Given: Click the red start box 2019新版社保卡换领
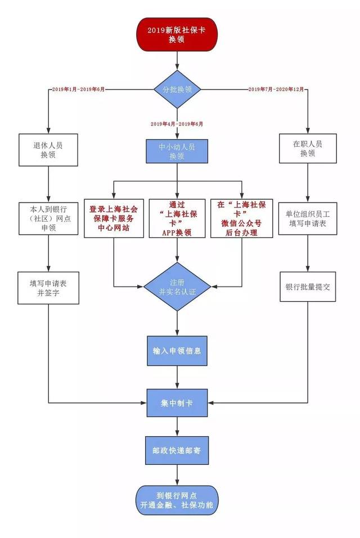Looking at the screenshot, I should click(x=178, y=34).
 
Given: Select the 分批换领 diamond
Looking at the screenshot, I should click(x=178, y=89).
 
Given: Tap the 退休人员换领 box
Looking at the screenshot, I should click(x=48, y=149).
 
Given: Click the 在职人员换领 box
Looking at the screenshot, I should click(x=308, y=149).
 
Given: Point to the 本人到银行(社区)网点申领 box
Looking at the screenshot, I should click(x=48, y=218).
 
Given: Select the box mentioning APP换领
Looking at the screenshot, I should click(x=178, y=218).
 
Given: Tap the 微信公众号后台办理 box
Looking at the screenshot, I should click(x=242, y=218).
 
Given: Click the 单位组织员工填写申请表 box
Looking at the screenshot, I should click(x=308, y=218).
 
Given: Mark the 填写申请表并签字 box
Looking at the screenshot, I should click(x=48, y=286).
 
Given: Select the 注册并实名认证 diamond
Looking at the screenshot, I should click(x=178, y=286).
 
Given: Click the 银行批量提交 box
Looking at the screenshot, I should click(x=308, y=286).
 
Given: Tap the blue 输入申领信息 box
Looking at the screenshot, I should click(x=178, y=350).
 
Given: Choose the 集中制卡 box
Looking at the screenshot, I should click(x=178, y=403).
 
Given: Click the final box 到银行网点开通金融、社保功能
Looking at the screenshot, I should click(x=178, y=499).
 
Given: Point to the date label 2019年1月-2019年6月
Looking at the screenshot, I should click(x=78, y=89).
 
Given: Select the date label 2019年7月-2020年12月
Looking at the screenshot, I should click(x=276, y=89).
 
